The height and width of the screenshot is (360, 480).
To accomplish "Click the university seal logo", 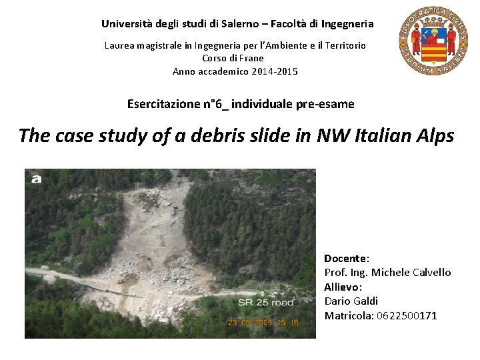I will tap(433, 42).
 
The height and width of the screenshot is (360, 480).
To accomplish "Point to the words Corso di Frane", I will tap(233, 58).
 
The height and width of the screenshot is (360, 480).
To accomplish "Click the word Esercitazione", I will tap(163, 104).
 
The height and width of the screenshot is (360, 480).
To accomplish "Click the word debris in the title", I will tap(213, 136).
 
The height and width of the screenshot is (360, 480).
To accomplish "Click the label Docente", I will tap(346, 258).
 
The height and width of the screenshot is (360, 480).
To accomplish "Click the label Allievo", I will tap(342, 287).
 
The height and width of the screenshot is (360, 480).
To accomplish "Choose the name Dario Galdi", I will tap(351, 301).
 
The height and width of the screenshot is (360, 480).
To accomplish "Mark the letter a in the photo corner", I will tap(37, 178).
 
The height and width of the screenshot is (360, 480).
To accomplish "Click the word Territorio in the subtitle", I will tap(343, 45).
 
